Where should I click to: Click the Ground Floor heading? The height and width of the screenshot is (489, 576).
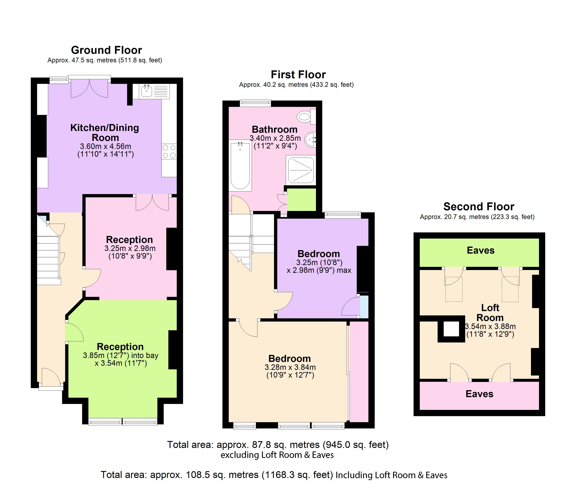[106, 50]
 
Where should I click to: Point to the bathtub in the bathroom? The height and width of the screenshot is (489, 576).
[240, 166]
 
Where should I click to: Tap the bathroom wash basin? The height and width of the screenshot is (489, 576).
[311, 139]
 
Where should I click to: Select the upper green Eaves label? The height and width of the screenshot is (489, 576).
[480, 250]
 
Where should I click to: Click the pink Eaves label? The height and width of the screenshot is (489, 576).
[479, 394]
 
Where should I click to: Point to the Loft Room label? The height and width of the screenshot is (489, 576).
[490, 312]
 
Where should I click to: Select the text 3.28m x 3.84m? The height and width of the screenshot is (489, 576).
[290, 367]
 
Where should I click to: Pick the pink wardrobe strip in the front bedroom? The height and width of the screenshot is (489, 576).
[359, 371]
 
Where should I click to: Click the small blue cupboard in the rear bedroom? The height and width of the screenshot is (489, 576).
[364, 307]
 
